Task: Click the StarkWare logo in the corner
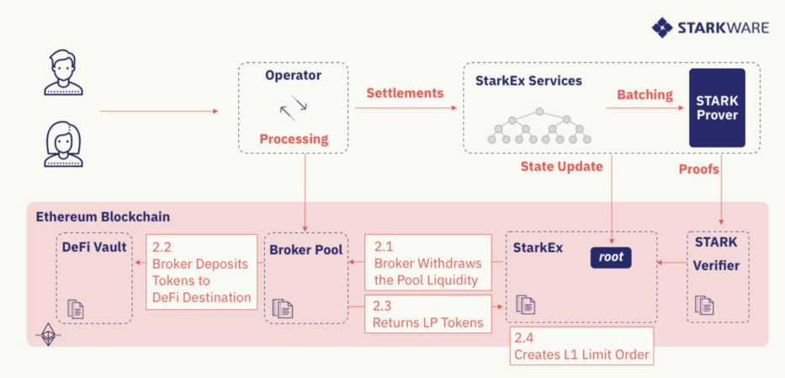click(x=710, y=28)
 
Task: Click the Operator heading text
click(x=293, y=76)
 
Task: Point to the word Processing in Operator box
click(x=294, y=139)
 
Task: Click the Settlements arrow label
click(x=405, y=93)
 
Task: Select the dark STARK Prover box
click(x=717, y=108)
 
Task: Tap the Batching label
click(x=644, y=95)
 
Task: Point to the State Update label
click(x=562, y=167)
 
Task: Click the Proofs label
click(x=698, y=169)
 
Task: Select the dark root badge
click(x=611, y=257)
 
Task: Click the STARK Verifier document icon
click(x=704, y=305)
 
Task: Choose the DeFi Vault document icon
click(x=76, y=308)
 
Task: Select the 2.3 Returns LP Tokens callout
click(x=427, y=313)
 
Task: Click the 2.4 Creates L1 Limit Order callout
click(x=581, y=346)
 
